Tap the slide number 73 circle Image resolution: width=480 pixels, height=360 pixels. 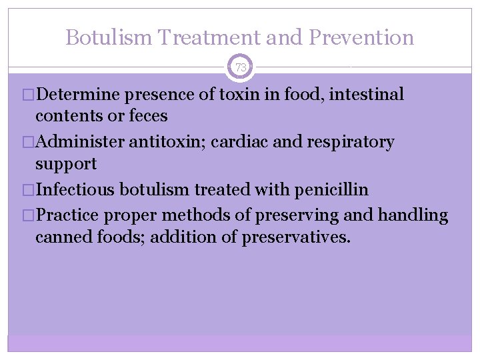pyautogui.click(x=241, y=67)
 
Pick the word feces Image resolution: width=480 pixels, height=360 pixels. pyautogui.click(x=148, y=115)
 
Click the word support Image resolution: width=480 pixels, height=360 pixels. pyautogui.click(x=66, y=163)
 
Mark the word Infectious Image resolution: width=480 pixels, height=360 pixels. pyautogui.click(x=77, y=189)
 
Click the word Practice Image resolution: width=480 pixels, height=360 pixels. pyautogui.click(x=67, y=215)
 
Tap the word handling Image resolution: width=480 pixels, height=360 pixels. pyautogui.click(x=413, y=216)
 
